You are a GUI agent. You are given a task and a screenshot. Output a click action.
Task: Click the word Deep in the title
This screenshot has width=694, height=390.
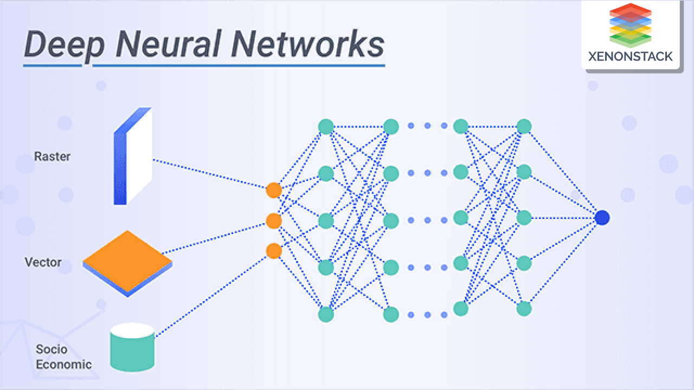coord(64,44)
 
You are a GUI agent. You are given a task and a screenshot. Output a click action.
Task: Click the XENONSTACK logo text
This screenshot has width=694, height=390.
coord(630,56)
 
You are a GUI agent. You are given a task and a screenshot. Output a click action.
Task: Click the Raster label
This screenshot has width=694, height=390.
coord(52,157)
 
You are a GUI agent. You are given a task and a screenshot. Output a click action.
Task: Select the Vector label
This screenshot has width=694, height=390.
coord(43,262)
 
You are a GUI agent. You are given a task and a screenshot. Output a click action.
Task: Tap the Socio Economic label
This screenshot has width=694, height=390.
coord(63,357)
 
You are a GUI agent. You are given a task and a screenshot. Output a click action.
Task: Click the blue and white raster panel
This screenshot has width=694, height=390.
coord(132,157)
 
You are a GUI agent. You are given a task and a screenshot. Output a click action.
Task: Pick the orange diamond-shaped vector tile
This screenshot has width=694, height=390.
coord(127,262)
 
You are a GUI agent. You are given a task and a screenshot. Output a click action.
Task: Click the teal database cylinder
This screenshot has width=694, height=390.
coord(132,347)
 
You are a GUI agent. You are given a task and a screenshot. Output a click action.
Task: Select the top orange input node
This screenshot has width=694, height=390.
coord(274,190)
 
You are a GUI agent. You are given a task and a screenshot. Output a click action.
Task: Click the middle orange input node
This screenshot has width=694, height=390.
coord(274,221)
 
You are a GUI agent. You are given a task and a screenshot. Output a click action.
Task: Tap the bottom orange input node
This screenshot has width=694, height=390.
coord(274,251)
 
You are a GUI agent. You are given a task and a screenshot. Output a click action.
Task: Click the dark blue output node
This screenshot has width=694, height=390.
coord(602,218)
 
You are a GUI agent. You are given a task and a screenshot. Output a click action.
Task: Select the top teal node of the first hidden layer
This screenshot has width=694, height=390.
coord(326,127)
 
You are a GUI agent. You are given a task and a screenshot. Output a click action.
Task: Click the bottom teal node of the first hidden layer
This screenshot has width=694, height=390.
coord(326,314)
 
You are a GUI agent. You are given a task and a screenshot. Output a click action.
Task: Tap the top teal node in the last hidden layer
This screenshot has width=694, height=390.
coord(524,127)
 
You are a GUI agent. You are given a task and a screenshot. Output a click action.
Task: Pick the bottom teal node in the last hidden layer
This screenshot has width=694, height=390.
coord(524,309)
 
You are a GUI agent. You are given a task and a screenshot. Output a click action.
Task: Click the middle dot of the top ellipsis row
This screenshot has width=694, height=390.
coord(427,126)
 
